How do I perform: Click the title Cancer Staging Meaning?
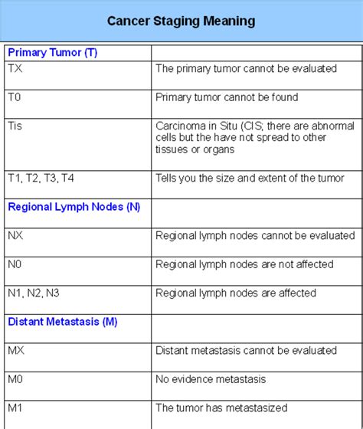pyautogui.click(x=181, y=21)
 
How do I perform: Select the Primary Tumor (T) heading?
pyautogui.click(x=52, y=53)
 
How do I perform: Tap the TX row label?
pyautogui.click(x=15, y=68)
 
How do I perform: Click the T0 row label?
pyautogui.click(x=15, y=97)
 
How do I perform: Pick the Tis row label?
pyautogui.click(x=16, y=126)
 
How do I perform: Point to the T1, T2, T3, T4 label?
pyautogui.click(x=41, y=178)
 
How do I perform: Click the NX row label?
pyautogui.click(x=15, y=235)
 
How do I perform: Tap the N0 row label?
pyautogui.click(x=15, y=264)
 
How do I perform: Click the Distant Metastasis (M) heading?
pyautogui.click(x=63, y=322)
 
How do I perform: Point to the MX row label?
pyautogui.click(x=16, y=350)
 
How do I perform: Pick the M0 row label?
pyautogui.click(x=16, y=378)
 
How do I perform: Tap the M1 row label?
pyautogui.click(x=15, y=407)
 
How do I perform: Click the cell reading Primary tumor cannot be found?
pyautogui.click(x=227, y=97)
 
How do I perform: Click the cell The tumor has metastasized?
pyautogui.click(x=221, y=407)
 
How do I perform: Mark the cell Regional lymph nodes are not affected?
pyautogui.click(x=244, y=264)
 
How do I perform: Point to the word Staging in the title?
pyautogui.click(x=181, y=21)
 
